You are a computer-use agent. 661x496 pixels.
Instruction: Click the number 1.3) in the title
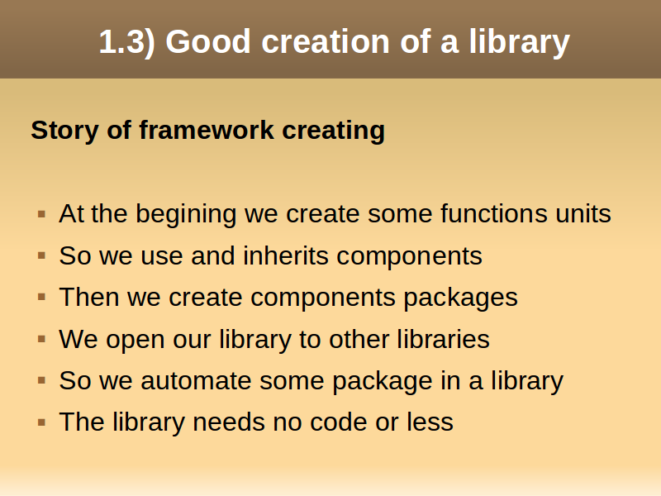127,42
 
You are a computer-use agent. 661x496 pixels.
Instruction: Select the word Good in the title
209,41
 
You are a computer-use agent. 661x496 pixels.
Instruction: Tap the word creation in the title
326,41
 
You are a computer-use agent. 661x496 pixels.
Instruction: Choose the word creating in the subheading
334,131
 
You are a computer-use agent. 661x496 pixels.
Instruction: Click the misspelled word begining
186,214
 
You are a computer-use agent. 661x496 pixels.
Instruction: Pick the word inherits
286,255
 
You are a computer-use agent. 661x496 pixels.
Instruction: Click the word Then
89,297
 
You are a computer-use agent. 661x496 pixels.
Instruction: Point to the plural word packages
461,298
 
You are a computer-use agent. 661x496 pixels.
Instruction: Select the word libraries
443,339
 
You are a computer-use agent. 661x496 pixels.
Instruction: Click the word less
430,422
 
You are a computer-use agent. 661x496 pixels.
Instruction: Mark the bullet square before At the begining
41,214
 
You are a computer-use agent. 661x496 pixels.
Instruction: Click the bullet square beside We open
41,339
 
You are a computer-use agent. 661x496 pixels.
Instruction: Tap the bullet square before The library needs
41,422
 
